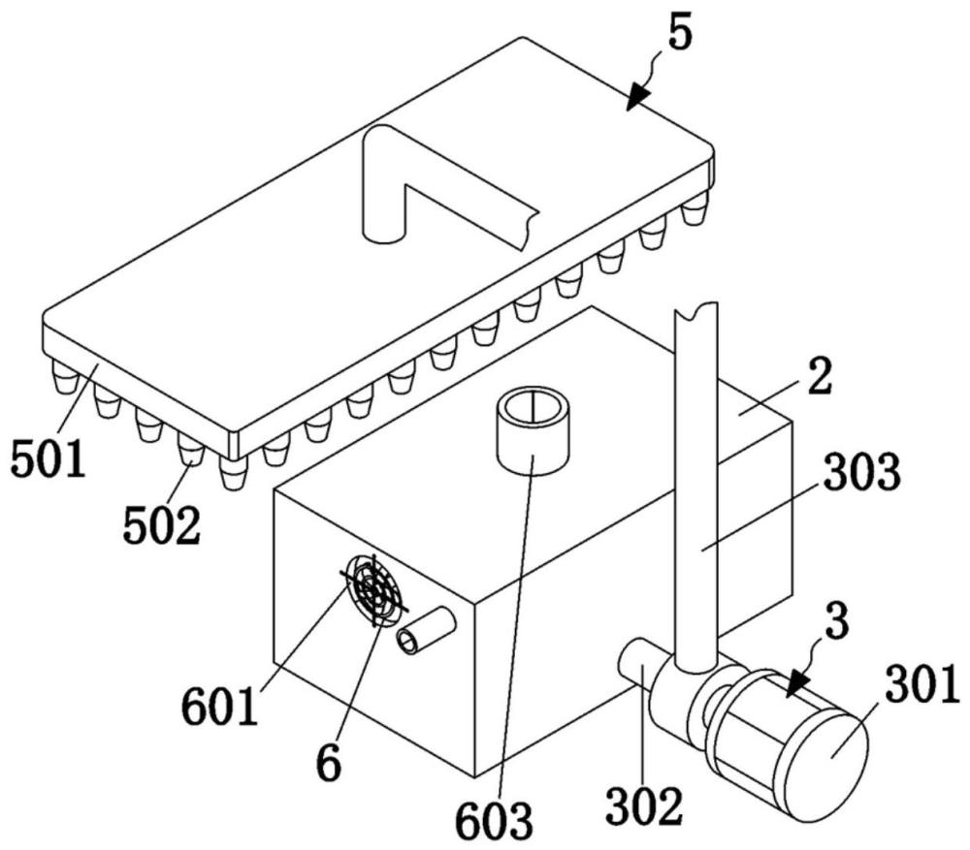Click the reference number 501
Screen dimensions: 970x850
click(48, 458)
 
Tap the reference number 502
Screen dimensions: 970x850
click(161, 524)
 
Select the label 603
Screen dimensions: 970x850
click(495, 820)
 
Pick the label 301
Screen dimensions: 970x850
click(921, 685)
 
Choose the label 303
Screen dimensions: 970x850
click(863, 472)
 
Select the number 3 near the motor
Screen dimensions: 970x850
click(837, 623)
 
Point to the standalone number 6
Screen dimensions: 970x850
click(329, 763)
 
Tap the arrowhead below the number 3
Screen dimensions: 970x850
click(798, 685)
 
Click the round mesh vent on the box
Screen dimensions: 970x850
click(374, 590)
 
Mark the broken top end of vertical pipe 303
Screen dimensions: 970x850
click(695, 310)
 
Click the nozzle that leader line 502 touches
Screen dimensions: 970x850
click(192, 448)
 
